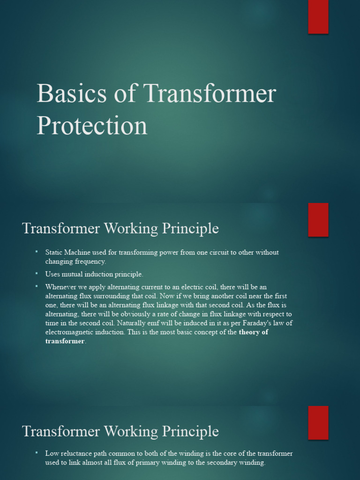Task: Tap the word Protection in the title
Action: (92, 126)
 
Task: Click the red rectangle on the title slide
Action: (318, 17)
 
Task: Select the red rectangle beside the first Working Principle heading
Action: (318, 220)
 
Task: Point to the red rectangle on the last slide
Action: (318, 422)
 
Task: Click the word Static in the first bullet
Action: (54, 252)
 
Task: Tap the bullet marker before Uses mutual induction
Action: (37, 273)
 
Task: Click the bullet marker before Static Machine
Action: (37, 252)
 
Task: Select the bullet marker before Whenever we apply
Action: (37, 285)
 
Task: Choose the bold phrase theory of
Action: (254, 332)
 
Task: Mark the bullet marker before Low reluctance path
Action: (37, 453)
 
